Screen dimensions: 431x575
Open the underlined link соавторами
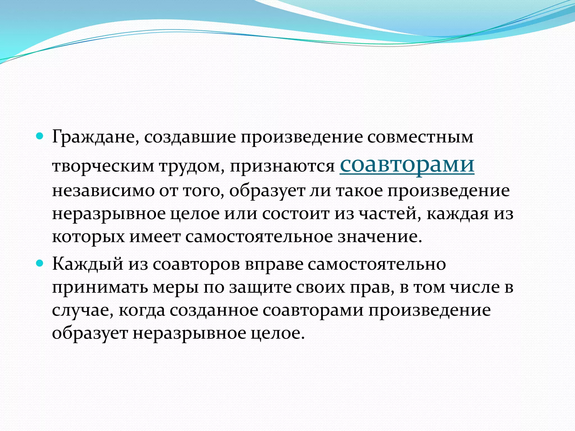click(407, 164)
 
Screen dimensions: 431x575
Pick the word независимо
click(103, 191)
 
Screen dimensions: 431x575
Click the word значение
click(380, 237)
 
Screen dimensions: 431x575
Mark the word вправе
click(274, 264)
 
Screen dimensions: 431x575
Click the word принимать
click(100, 287)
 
